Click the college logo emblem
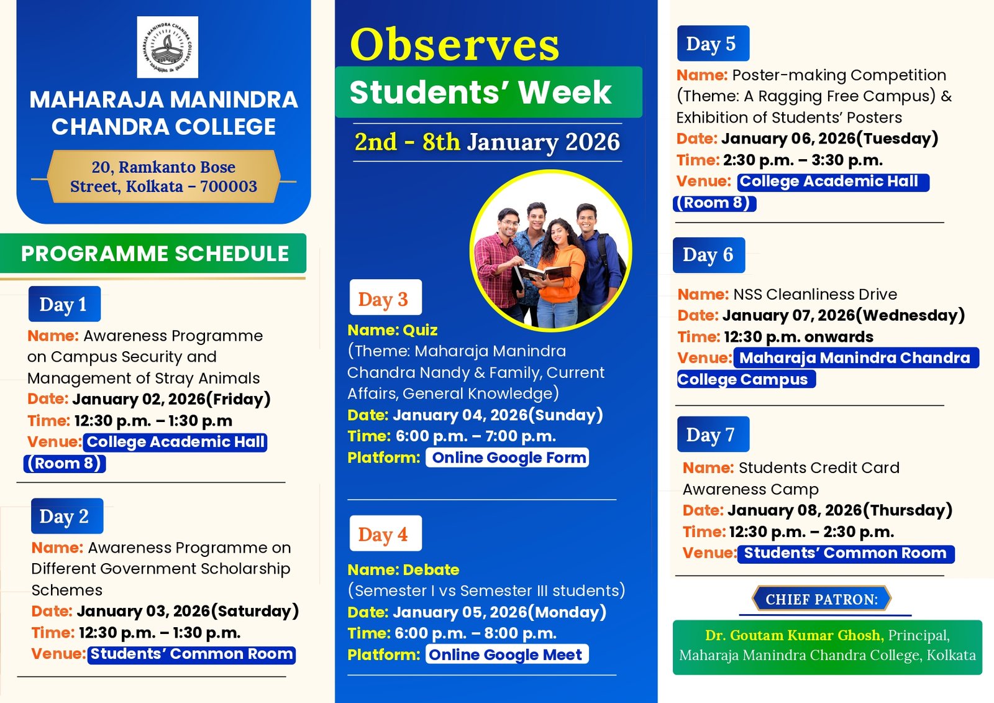click(x=167, y=47)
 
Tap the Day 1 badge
click(x=64, y=304)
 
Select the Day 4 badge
click(x=385, y=533)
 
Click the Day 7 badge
click(x=713, y=434)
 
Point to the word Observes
click(x=455, y=45)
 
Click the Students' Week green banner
click(x=488, y=92)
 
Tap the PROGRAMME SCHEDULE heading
click(x=154, y=254)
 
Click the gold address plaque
click(x=163, y=177)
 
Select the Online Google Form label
click(x=508, y=458)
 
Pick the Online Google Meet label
click(x=506, y=655)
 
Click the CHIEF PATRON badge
click(x=821, y=599)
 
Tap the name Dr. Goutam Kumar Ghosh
click(x=793, y=635)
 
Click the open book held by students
click(x=544, y=272)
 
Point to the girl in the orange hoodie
click(x=562, y=267)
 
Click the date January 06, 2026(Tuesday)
click(x=829, y=139)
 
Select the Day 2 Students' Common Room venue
click(x=191, y=655)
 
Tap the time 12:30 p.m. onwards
click(x=798, y=337)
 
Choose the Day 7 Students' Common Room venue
click(x=845, y=553)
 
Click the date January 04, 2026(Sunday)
click(x=497, y=415)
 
